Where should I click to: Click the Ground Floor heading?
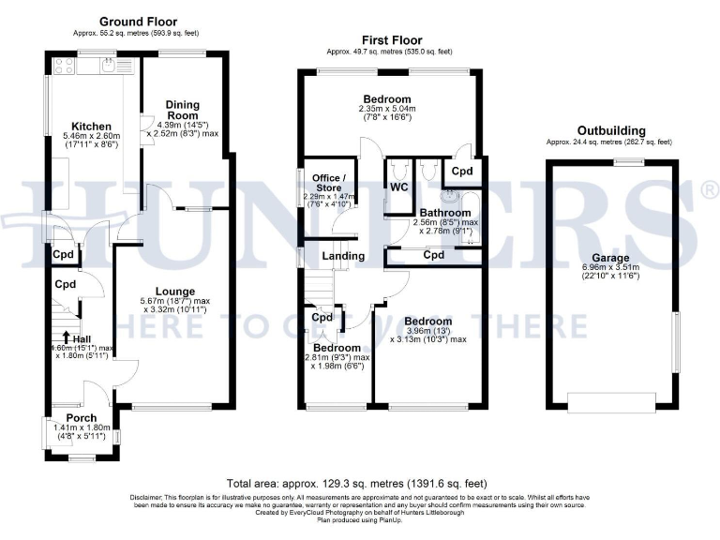tap(138, 22)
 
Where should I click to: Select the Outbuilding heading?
tap(610, 130)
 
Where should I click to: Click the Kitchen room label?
tap(92, 127)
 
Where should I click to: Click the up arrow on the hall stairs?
tap(66, 337)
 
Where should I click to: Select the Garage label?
tap(609, 258)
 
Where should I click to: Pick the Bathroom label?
tap(444, 213)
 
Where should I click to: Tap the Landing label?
tap(343, 256)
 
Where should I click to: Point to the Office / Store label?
tap(329, 183)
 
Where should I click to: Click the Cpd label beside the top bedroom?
tap(461, 172)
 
